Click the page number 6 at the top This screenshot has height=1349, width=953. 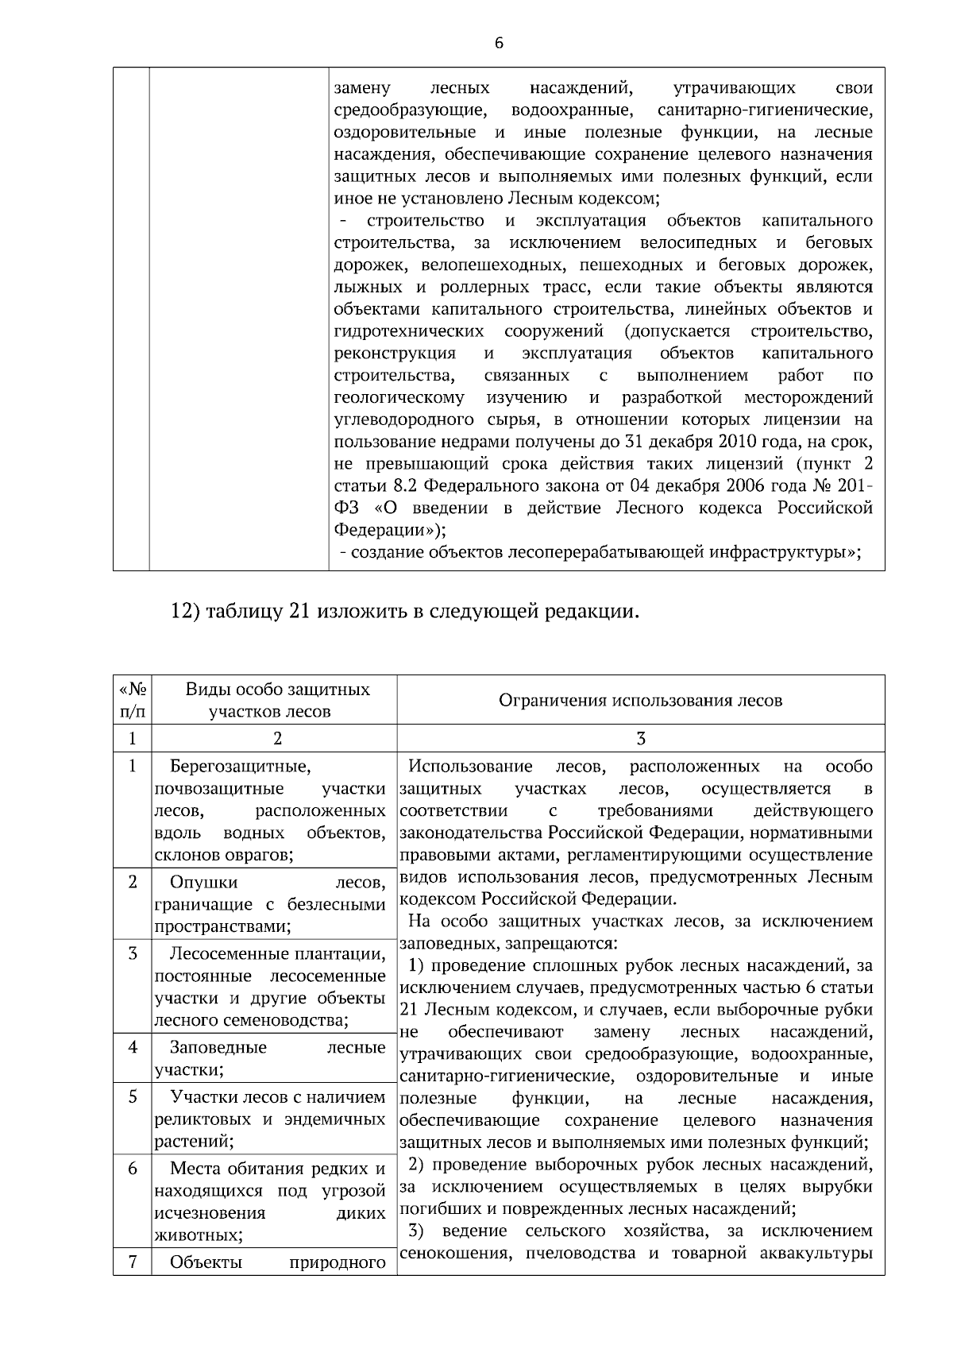coord(499,43)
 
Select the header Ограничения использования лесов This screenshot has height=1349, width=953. coord(640,700)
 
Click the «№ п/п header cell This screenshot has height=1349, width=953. coord(133,700)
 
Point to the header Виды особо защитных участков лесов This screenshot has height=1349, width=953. coord(277,700)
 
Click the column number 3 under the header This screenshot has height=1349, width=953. coord(641,739)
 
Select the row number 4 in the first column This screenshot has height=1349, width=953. coord(133,1047)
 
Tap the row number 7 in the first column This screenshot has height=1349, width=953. coord(133,1262)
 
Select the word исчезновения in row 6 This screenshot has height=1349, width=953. coord(210,1213)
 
